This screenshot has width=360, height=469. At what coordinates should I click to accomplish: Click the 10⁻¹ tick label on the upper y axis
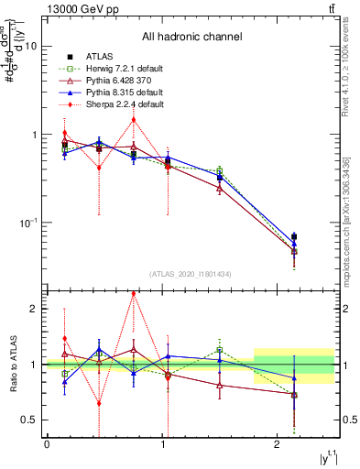point(29,223)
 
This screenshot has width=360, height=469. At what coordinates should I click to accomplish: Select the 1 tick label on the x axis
point(162,444)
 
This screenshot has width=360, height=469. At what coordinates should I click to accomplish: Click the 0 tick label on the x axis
point(47,444)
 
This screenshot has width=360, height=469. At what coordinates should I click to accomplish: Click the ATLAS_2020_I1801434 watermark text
point(191,274)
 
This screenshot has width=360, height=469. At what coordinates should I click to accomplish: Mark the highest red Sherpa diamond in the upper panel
point(134,119)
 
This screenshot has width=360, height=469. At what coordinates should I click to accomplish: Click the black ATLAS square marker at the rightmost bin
point(294,236)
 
